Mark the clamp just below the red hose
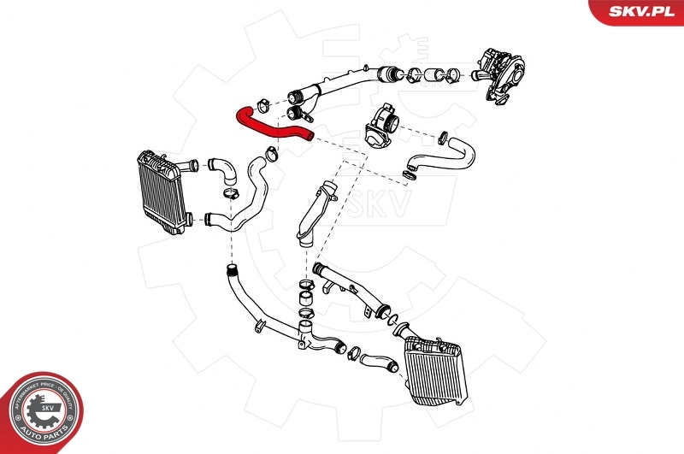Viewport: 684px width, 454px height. click(x=271, y=155)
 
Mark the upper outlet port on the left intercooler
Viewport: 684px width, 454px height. click(x=193, y=163)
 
